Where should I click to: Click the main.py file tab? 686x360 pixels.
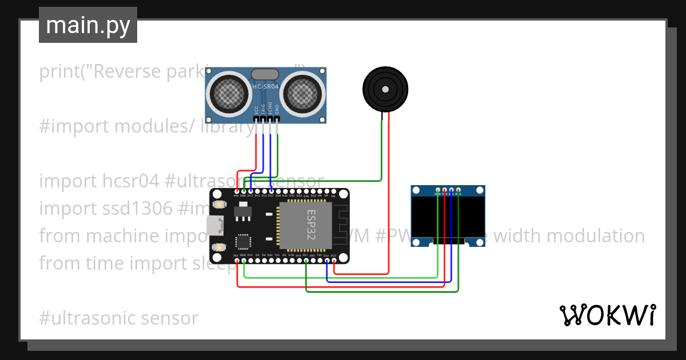click(87, 25)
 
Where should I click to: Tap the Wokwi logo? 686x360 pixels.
click(607, 315)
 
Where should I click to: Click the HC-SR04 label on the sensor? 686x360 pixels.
click(265, 87)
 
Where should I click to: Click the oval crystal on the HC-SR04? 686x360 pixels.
click(265, 74)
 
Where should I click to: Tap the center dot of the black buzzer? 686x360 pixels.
click(385, 89)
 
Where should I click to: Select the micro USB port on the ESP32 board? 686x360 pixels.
click(214, 226)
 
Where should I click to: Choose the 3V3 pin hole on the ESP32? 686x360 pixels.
click(237, 261)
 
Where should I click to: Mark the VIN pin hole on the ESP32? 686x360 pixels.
click(237, 191)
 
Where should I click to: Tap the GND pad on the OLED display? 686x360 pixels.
click(438, 190)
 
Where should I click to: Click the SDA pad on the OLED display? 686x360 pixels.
click(458, 190)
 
